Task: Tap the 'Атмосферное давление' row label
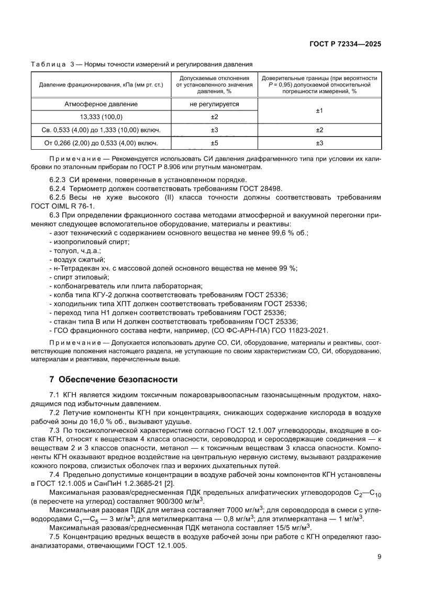(x=101, y=104)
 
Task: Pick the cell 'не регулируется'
(x=214, y=104)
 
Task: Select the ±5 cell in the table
(x=214, y=142)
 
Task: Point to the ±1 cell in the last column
(x=319, y=110)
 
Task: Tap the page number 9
(x=379, y=557)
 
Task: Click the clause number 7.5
(x=54, y=537)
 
